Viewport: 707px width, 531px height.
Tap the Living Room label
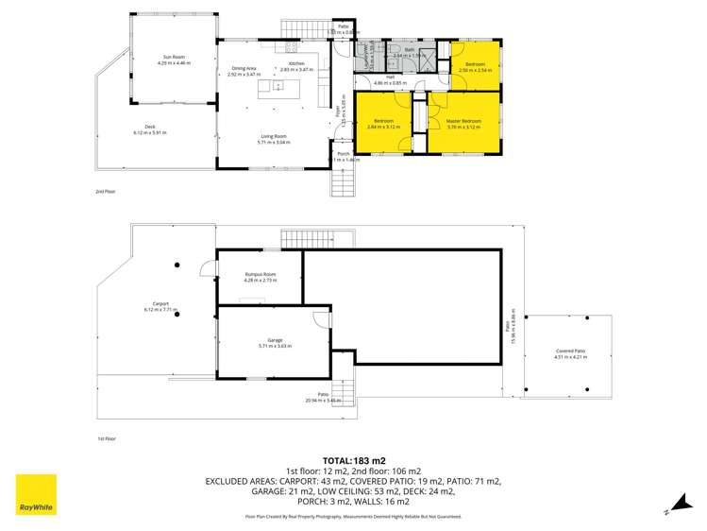click(275, 138)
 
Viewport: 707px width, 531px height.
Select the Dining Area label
click(244, 67)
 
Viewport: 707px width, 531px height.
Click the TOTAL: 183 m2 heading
click(353, 458)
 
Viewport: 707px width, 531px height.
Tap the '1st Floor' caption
click(107, 439)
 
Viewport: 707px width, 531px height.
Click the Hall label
click(390, 77)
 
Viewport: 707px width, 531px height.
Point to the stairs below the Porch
click(341, 181)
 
